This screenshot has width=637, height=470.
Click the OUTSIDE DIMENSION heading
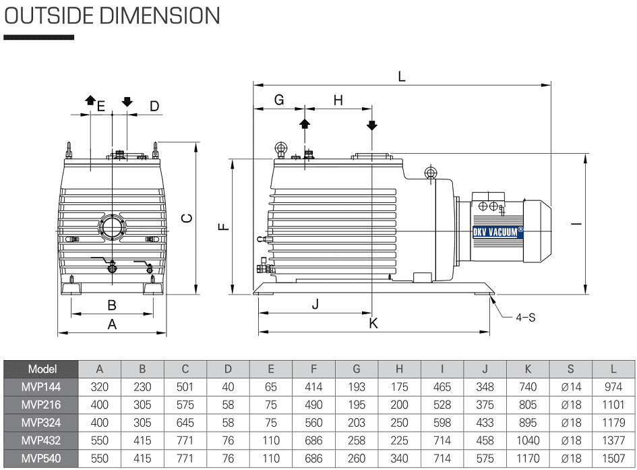click(112, 16)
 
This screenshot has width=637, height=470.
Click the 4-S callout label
click(526, 317)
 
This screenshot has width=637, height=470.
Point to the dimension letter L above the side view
click(402, 76)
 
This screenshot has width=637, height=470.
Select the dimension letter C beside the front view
click(188, 217)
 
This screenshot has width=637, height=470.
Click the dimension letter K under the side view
click(373, 324)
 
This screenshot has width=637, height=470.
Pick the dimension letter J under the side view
click(315, 304)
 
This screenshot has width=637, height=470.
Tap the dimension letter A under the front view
click(113, 324)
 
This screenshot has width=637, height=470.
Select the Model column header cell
click(42, 370)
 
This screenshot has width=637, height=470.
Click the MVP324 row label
click(42, 423)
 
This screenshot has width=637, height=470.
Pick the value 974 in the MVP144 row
click(613, 387)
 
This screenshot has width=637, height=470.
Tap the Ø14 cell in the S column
click(570, 387)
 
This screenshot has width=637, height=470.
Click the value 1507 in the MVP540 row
click(613, 459)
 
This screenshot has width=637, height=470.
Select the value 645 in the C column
click(185, 423)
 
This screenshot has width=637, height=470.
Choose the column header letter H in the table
click(399, 370)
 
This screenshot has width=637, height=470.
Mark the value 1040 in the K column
click(528, 440)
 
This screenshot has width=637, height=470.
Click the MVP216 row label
click(42, 405)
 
